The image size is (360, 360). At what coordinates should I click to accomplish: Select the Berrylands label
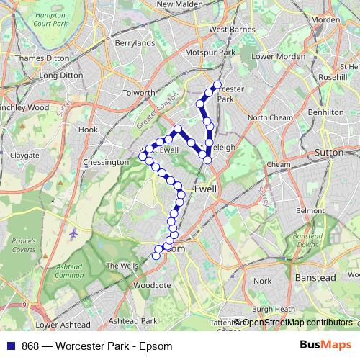(x=135, y=43)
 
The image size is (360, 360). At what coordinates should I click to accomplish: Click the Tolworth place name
(x=139, y=93)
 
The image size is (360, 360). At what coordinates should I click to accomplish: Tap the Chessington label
(x=106, y=163)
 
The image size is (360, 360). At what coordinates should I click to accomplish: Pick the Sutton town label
(x=330, y=153)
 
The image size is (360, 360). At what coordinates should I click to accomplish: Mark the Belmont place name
(x=310, y=210)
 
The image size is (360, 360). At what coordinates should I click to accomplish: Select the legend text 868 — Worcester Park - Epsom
(x=97, y=346)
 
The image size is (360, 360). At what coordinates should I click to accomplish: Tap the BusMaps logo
(x=325, y=346)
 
